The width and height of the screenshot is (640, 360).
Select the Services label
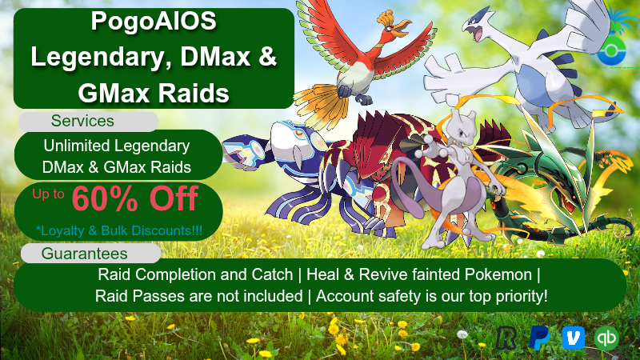click(82, 122)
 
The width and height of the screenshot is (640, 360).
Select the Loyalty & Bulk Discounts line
click(119, 230)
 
